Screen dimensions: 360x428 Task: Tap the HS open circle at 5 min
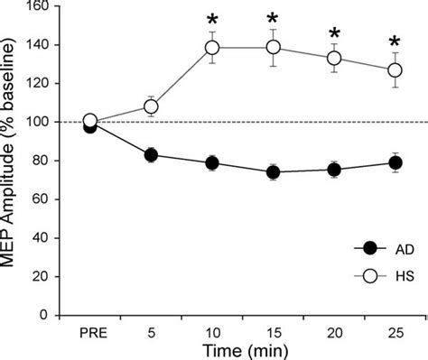pyautogui.click(x=152, y=106)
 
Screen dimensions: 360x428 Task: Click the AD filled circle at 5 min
pyautogui.click(x=152, y=155)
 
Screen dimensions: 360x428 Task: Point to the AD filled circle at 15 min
pyautogui.click(x=274, y=172)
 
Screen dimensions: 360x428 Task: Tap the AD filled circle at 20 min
pyautogui.click(x=334, y=170)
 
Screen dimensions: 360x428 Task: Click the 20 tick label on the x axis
pyautogui.click(x=334, y=330)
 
